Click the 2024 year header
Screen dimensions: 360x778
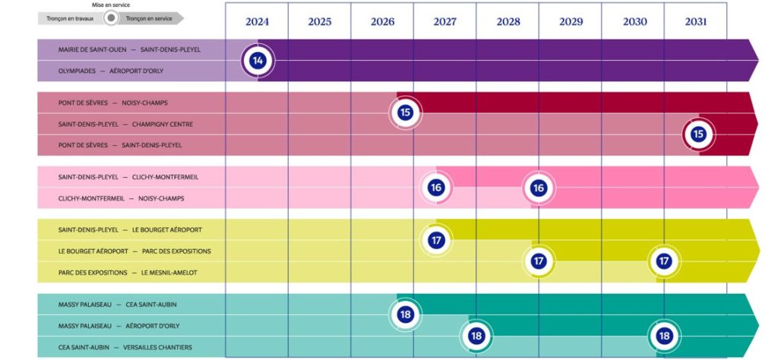click(x=257, y=21)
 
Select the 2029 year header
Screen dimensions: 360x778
click(x=571, y=21)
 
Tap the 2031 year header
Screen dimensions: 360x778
click(x=695, y=21)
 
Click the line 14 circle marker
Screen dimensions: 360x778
click(x=258, y=60)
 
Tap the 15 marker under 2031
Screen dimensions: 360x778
click(x=697, y=134)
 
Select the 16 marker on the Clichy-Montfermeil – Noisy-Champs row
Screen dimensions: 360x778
click(x=539, y=188)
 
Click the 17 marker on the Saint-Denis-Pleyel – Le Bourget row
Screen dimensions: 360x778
click(x=436, y=240)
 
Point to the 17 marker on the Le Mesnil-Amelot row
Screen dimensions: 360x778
click(x=663, y=261)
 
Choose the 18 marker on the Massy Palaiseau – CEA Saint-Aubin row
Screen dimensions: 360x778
click(x=405, y=314)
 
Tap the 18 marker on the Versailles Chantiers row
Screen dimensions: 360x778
click(x=663, y=336)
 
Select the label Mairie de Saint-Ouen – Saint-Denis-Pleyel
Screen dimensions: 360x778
click(x=129, y=49)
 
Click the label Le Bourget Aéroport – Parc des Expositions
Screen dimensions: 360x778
click(x=134, y=251)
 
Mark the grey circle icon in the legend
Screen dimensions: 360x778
click(x=111, y=17)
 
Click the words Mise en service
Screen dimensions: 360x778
click(x=111, y=5)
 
